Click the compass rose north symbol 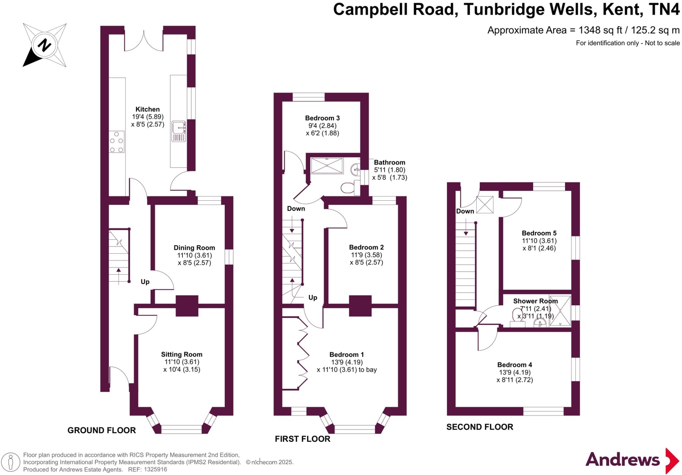click(44, 45)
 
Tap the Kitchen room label click(148, 109)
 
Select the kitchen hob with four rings click(117, 142)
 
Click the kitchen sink click(179, 131)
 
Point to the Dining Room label click(194, 248)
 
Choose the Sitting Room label click(181, 355)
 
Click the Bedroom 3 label click(322, 118)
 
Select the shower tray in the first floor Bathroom click(326, 165)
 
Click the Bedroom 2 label click(366, 247)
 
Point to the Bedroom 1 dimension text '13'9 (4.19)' click(347, 362)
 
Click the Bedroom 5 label click(539, 233)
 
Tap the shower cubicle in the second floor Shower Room click(560, 310)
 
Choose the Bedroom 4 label click(514, 365)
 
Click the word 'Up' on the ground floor click(145, 282)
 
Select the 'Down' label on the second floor click(465, 211)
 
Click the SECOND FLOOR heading click(480, 427)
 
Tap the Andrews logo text click(622, 460)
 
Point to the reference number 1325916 click(155, 469)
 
